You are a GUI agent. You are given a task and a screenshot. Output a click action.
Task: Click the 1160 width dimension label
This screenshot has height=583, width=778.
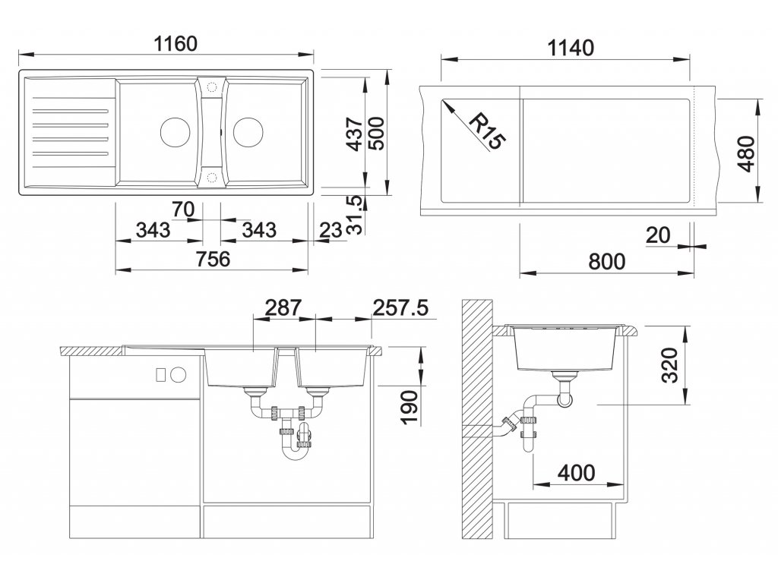tap(176, 43)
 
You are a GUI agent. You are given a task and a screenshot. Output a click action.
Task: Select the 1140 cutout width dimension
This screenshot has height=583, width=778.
tap(571, 48)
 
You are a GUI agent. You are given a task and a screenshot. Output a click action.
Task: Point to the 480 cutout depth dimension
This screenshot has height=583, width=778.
tap(747, 153)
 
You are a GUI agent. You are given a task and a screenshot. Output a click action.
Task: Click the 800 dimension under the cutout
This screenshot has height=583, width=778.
tap(606, 261)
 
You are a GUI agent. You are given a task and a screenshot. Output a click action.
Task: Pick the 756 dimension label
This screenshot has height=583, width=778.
tap(213, 259)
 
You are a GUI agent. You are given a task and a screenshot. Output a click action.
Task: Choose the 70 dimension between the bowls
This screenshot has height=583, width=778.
tap(182, 210)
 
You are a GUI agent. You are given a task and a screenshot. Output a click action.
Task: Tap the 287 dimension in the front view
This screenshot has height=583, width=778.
tap(283, 308)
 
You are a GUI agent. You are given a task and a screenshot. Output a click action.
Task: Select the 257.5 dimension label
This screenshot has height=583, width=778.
tap(400, 308)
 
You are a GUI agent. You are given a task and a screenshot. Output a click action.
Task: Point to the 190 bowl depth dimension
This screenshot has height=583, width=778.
tap(410, 408)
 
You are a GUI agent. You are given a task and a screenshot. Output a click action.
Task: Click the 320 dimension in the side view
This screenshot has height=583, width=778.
tap(670, 365)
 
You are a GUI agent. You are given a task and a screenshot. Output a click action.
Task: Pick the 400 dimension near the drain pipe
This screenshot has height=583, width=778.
tap(576, 473)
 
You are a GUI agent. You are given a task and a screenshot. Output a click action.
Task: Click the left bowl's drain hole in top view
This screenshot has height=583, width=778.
tap(176, 132)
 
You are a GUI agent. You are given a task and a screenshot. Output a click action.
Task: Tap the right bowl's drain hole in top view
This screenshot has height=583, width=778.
tap(248, 132)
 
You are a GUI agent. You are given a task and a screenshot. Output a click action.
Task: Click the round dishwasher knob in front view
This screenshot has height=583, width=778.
tap(178, 375)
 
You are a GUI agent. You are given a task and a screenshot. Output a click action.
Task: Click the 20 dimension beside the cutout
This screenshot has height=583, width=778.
tap(658, 235)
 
